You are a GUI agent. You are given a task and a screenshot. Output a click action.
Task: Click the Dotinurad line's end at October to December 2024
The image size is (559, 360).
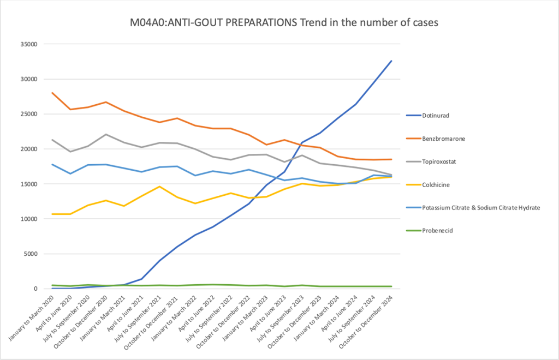391,61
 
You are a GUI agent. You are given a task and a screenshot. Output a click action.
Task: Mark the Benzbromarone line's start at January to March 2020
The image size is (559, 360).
52,93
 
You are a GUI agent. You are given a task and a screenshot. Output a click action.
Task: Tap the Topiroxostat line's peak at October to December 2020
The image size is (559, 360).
106,134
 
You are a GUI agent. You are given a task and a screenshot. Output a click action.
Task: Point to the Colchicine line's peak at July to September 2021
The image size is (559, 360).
159,187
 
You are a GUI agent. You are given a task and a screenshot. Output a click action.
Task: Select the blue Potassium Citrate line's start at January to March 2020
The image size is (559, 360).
52,164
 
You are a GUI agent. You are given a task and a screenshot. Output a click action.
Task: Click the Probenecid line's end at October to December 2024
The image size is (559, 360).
391,286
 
